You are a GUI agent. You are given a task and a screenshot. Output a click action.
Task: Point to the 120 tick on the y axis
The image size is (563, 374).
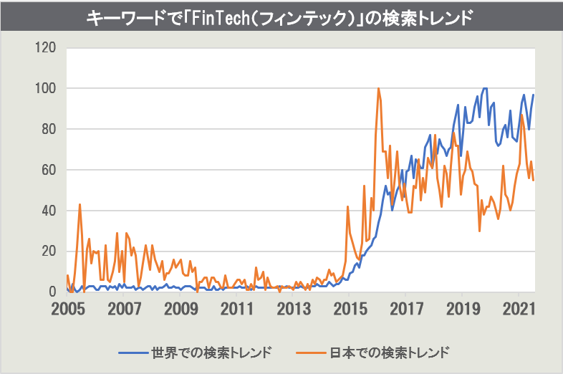(x=44, y=48)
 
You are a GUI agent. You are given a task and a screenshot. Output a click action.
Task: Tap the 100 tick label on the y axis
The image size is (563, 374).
(x=44, y=89)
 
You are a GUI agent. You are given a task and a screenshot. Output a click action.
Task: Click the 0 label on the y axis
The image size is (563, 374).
(x=52, y=292)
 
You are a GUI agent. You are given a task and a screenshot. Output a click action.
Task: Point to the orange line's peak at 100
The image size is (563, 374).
(x=378, y=89)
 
